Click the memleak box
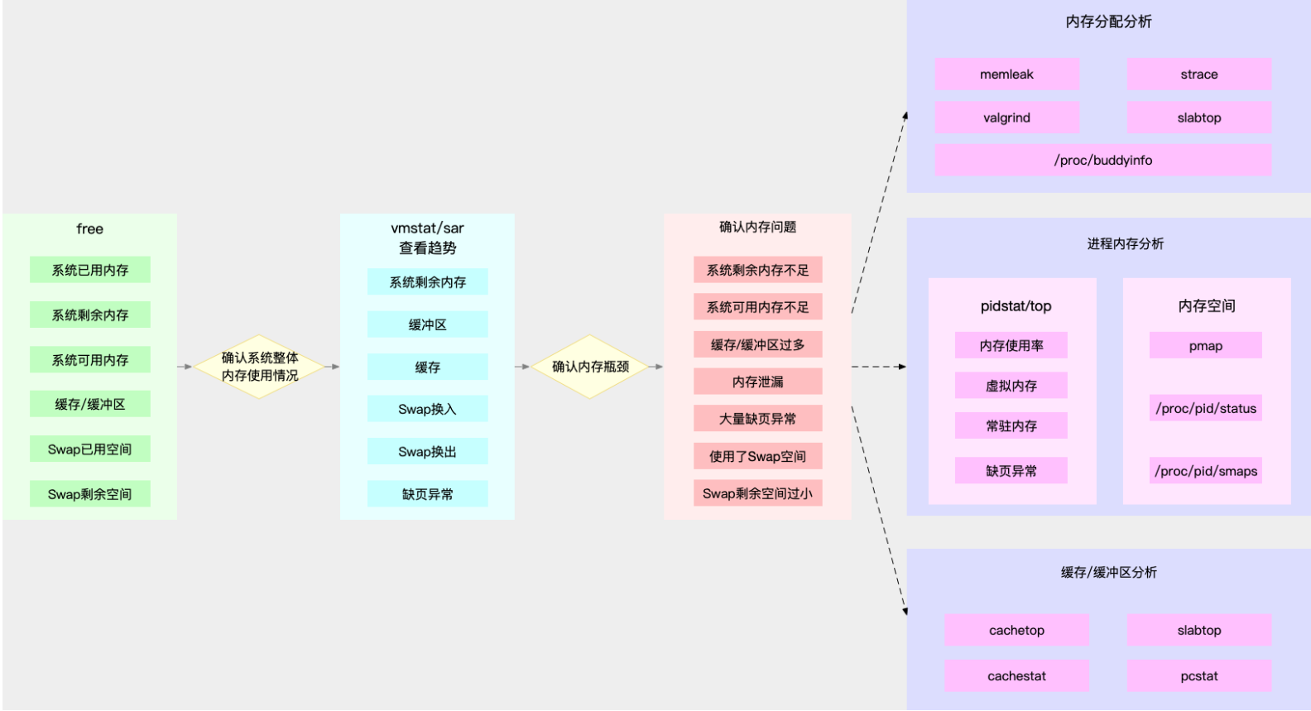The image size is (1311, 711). click(1006, 74)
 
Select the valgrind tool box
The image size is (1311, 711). click(1006, 118)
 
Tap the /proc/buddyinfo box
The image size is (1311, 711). click(1102, 160)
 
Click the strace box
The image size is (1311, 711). click(1198, 74)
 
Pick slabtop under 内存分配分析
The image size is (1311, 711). click(1198, 118)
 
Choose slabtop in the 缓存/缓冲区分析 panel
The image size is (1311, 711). click(1198, 630)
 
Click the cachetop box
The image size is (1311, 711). click(1016, 630)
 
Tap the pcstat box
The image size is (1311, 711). click(1198, 675)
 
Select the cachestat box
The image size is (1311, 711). click(1016, 675)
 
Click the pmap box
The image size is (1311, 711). click(1205, 346)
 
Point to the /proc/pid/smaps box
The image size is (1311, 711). click(1205, 471)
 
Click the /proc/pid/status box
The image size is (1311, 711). click(1205, 408)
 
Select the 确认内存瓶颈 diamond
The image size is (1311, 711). click(590, 367)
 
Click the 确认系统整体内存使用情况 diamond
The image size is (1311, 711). click(259, 367)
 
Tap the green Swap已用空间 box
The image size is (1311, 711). click(89, 449)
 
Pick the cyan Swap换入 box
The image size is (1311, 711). click(427, 409)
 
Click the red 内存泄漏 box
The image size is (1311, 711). click(757, 382)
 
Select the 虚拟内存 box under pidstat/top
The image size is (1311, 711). click(1011, 386)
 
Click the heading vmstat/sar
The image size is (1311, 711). click(427, 228)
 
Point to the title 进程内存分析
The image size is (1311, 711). click(1125, 243)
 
